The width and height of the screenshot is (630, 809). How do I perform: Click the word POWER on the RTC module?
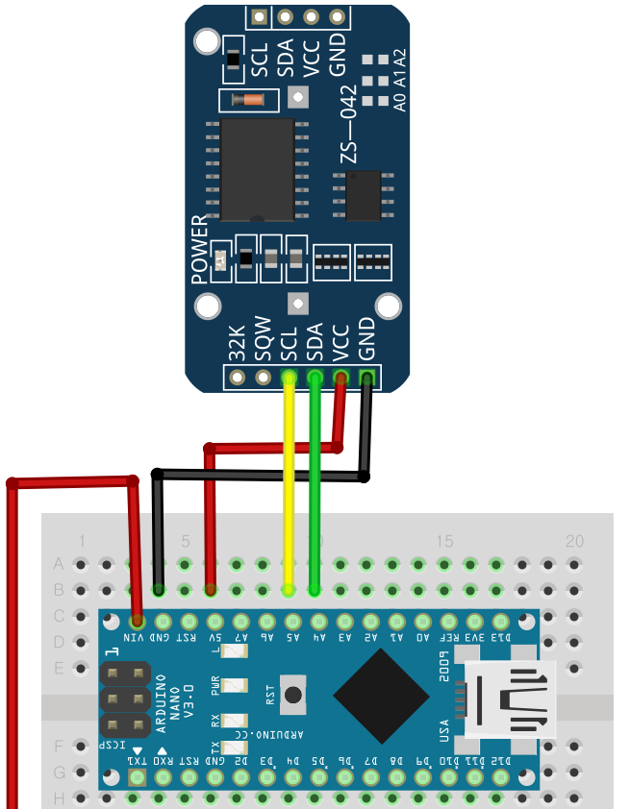pyautogui.click(x=200, y=250)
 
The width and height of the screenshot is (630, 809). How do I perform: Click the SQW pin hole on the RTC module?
pyautogui.click(x=263, y=378)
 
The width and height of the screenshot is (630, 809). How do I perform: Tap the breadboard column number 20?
pyautogui.click(x=574, y=541)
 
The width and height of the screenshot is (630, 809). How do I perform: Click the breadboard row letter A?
pyautogui.click(x=59, y=563)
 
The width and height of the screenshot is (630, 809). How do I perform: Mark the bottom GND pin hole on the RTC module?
pyautogui.click(x=365, y=378)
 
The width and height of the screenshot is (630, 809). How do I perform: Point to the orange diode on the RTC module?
pyautogui.click(x=252, y=99)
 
